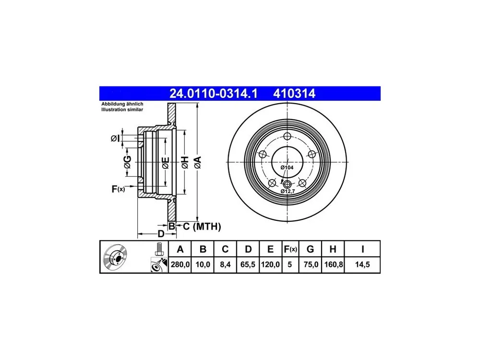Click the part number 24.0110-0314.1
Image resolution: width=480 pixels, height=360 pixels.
[214, 94]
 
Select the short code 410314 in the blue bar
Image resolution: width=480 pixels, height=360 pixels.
[294, 94]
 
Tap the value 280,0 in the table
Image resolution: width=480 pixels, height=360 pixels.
[180, 264]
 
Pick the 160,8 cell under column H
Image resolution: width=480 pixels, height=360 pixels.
[333, 264]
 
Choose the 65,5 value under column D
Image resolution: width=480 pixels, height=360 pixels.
[248, 264]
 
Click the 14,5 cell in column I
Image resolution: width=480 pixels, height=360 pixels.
[362, 264]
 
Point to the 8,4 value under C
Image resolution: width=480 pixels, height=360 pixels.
[225, 264]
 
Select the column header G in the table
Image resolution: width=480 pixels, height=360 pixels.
[310, 249]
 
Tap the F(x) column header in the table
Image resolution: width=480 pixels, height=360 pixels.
[290, 249]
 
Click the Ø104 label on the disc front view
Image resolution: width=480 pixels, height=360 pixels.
[287, 168]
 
